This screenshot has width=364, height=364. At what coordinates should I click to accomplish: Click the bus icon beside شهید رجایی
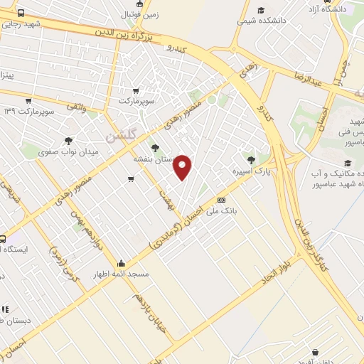(20, 14)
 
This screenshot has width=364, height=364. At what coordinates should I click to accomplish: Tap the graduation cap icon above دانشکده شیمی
(261, 10)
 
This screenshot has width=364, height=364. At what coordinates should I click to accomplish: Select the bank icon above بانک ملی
(221, 200)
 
